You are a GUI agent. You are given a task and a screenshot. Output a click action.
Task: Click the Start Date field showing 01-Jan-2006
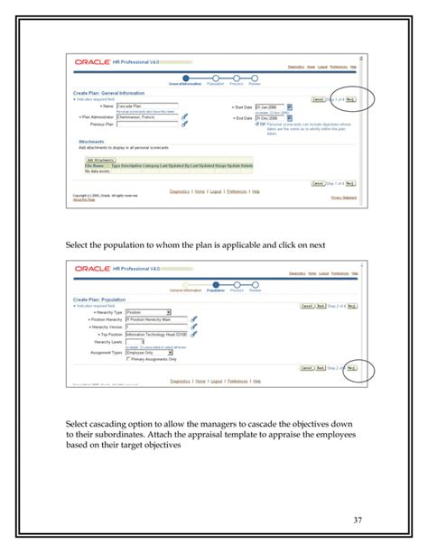click(269, 106)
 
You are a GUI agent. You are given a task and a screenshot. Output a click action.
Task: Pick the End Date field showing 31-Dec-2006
click(269, 117)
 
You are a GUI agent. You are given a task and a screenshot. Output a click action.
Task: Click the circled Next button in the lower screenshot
click(350, 368)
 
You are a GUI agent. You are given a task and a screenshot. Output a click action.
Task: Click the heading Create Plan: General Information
click(110, 93)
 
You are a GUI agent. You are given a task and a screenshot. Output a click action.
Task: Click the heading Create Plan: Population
click(98, 299)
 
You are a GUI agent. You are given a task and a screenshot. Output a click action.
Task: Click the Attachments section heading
click(90, 142)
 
